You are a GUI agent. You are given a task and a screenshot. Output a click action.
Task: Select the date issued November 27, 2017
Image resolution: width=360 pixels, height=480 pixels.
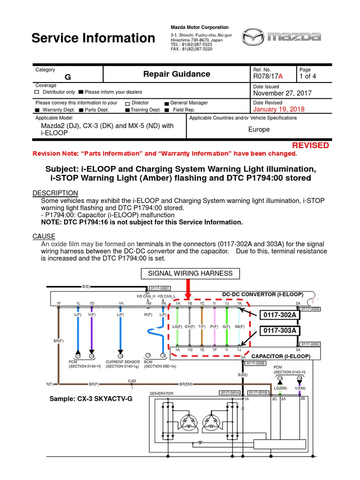(x=282, y=93)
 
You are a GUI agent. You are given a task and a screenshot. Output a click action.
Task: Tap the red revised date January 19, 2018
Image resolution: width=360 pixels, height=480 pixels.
(x=278, y=109)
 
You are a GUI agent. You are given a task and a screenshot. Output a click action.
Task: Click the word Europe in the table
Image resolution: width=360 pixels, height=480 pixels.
(x=259, y=129)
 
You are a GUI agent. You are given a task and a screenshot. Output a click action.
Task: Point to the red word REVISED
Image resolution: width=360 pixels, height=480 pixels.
(x=310, y=145)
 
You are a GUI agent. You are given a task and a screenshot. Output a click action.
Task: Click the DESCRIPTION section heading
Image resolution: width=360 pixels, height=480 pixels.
(x=55, y=193)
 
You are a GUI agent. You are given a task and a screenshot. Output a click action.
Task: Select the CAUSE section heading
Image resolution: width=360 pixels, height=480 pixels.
(x=44, y=236)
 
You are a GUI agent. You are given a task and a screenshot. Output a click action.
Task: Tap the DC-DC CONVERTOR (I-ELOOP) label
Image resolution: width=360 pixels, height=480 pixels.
(x=262, y=294)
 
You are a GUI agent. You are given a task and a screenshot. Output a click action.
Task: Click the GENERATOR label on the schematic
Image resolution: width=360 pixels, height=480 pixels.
(x=161, y=393)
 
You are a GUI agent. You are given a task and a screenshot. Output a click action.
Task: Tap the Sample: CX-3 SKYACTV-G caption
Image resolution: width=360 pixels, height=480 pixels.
(x=87, y=399)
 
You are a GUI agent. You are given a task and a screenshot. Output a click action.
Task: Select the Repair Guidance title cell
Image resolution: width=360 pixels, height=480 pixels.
(x=176, y=74)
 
